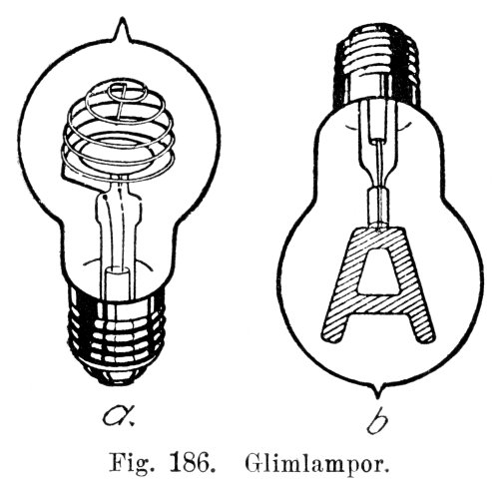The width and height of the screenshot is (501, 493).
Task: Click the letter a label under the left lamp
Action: tap(119, 415)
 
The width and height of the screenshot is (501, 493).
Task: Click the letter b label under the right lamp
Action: tap(377, 419)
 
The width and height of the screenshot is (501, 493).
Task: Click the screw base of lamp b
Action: tap(377, 63)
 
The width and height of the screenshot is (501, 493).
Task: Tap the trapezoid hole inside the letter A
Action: tap(378, 270)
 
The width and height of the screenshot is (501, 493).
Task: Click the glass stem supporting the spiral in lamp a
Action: tap(117, 230)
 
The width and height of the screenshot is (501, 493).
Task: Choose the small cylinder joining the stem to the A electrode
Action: tap(378, 207)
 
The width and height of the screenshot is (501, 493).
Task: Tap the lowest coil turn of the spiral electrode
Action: tap(117, 167)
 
